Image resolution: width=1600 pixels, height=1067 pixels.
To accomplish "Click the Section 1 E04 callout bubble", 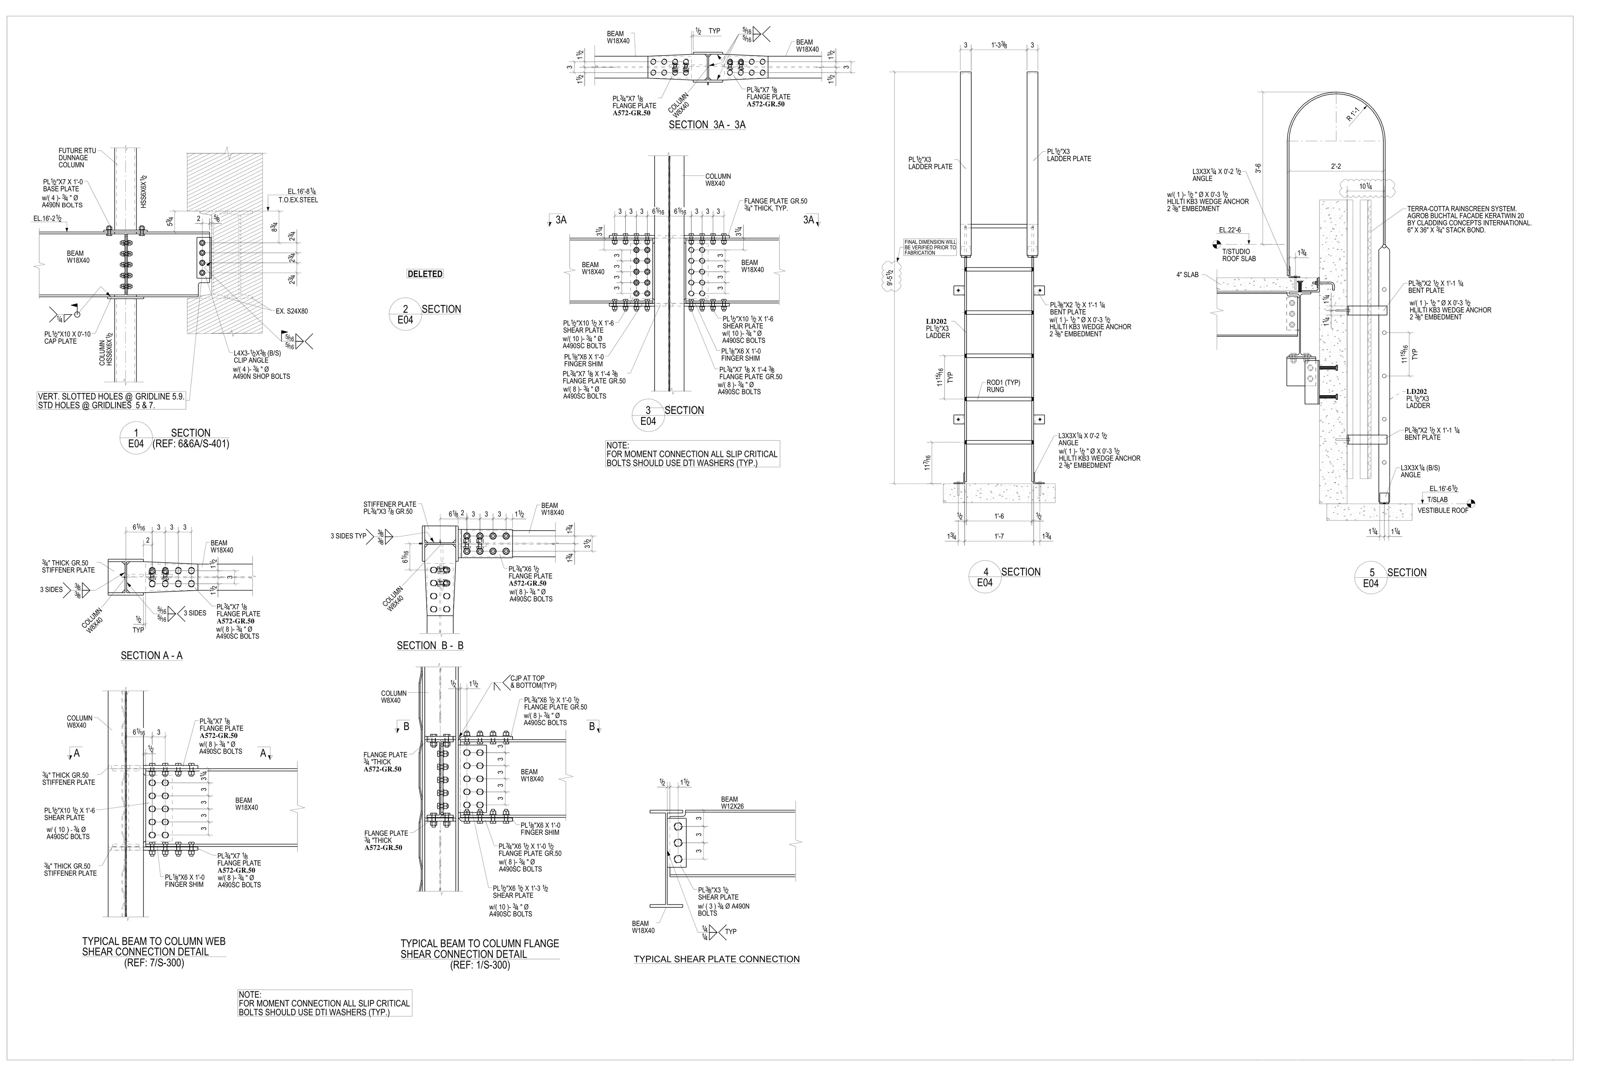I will click(x=136, y=438).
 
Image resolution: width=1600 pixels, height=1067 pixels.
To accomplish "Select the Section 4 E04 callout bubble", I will click(x=984, y=577).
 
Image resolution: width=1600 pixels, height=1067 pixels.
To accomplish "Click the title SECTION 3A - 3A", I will click(x=707, y=125).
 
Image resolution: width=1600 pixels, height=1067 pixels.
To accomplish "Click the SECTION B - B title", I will click(x=430, y=645).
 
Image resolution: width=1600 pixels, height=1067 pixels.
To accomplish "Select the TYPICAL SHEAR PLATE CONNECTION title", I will click(x=716, y=959).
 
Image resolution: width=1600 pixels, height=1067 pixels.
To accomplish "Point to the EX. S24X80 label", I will click(x=292, y=311).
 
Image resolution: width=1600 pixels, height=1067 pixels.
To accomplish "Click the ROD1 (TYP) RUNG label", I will click(x=1003, y=386).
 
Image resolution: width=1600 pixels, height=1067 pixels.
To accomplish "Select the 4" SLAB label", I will click(x=1187, y=275).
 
